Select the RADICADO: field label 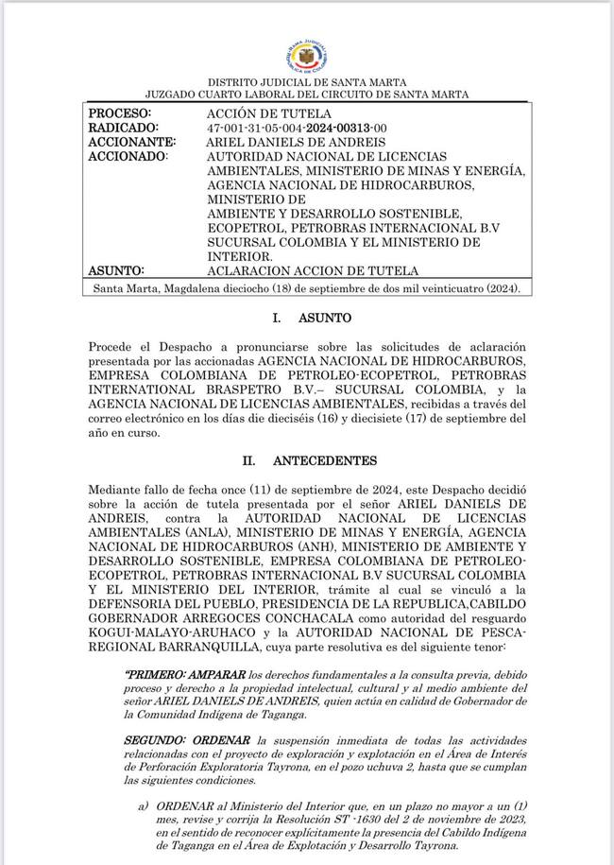[124, 127]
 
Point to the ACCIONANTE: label [132, 141]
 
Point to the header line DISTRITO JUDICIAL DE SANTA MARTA [307, 83]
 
